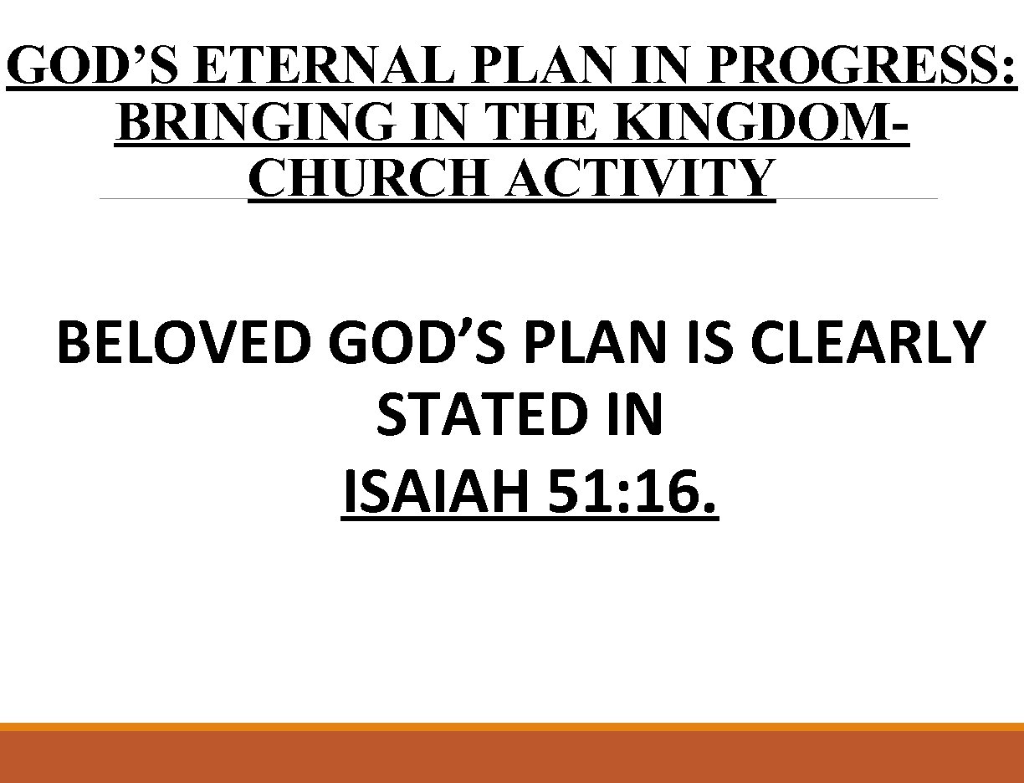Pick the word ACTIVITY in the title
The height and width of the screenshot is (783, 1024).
click(x=637, y=177)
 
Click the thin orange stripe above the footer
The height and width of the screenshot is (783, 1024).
click(x=512, y=727)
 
